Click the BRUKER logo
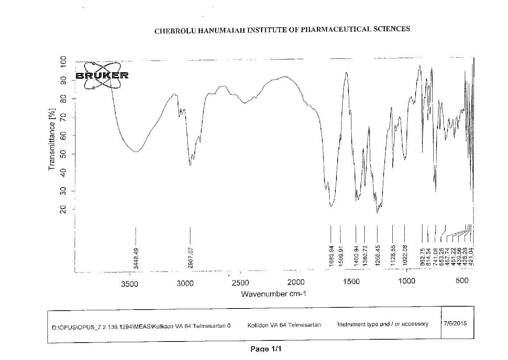click(x=102, y=75)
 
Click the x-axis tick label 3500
click(x=129, y=283)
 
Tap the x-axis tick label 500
click(x=462, y=281)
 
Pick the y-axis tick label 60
click(x=63, y=136)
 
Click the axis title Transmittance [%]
click(x=51, y=139)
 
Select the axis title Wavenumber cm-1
click(x=274, y=294)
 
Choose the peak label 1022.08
click(x=405, y=255)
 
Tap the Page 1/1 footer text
click(x=266, y=349)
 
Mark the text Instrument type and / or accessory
click(x=383, y=324)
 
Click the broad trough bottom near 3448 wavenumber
click(x=136, y=151)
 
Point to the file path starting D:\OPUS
click(x=141, y=326)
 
